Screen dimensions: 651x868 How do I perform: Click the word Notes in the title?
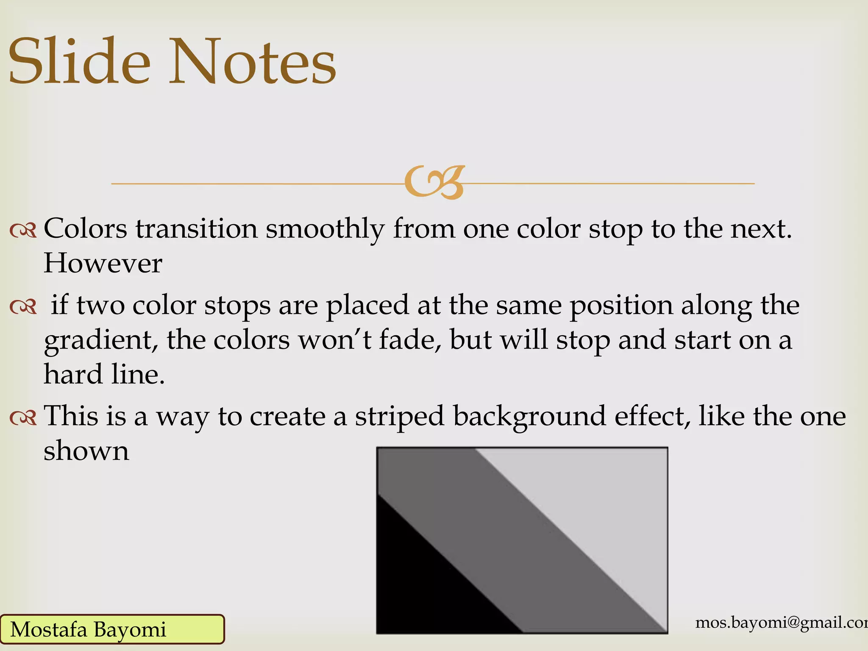[253, 61]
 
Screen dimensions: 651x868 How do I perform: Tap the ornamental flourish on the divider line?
[434, 183]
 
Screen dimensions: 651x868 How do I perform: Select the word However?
[103, 264]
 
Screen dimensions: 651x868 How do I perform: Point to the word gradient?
[101, 341]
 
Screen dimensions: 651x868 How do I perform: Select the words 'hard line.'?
[104, 375]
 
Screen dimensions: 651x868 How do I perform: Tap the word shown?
[86, 451]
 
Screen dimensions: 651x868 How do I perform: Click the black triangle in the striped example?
[420, 585]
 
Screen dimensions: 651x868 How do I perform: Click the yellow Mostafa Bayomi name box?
[112, 629]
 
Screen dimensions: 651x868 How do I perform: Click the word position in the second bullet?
[621, 306]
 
